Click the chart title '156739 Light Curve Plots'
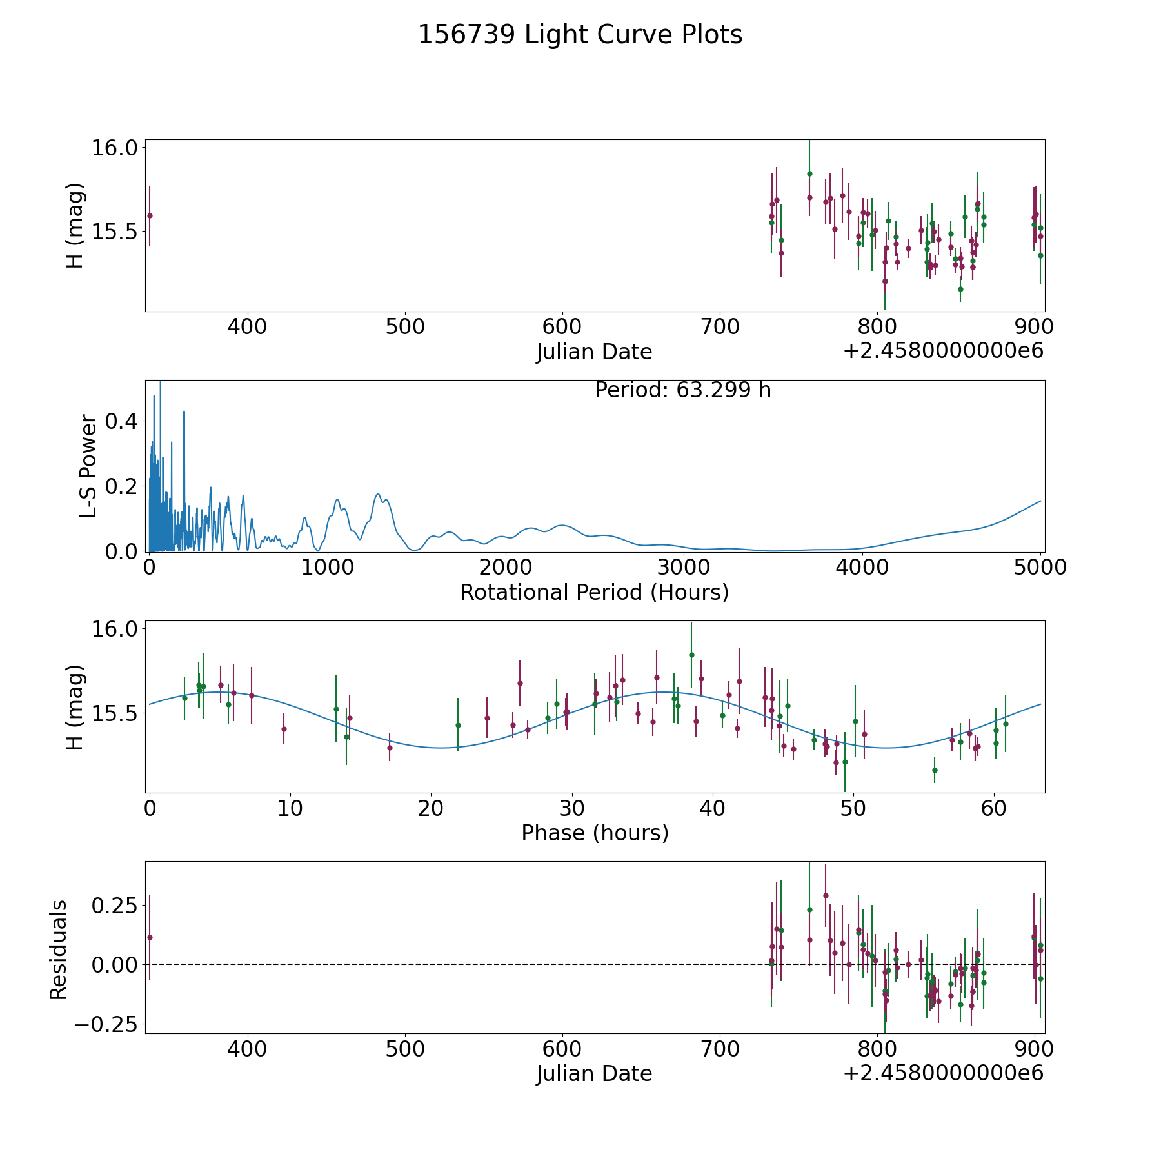[580, 35]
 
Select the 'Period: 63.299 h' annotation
[682, 390]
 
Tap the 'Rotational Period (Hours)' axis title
[594, 592]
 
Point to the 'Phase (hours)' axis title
[595, 833]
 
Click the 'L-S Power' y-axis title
[88, 466]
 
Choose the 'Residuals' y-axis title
[59, 949]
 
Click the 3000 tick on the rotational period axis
[684, 568]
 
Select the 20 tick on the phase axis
[431, 808]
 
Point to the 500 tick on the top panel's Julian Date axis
[405, 327]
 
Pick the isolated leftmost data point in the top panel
[150, 215]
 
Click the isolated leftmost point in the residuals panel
[150, 937]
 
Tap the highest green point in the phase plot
[691, 655]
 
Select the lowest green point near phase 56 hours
[935, 770]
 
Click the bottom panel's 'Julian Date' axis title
[594, 1073]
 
